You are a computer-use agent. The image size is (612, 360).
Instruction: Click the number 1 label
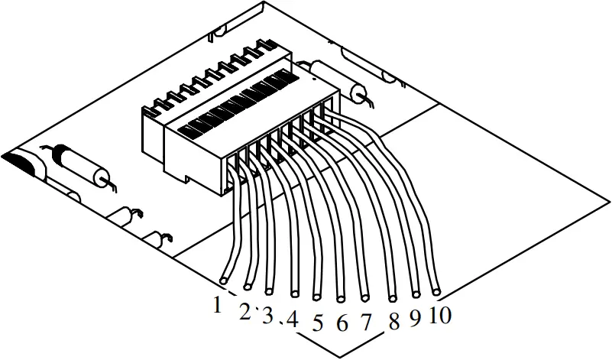[x=218, y=305]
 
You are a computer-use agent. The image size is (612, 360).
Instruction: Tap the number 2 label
[x=244, y=311]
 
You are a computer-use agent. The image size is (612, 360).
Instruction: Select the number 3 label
[x=267, y=315]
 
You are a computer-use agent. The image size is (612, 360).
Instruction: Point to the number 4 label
[x=292, y=318]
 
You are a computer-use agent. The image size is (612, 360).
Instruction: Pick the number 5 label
[x=318, y=323]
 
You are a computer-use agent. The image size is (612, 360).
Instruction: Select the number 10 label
[x=441, y=314]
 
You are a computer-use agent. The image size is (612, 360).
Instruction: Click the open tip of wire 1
[x=223, y=281]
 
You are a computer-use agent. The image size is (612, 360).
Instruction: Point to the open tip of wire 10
[x=436, y=292]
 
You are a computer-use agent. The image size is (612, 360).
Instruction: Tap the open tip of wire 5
[x=317, y=294]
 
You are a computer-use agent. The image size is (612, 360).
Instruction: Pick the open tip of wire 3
[x=269, y=290]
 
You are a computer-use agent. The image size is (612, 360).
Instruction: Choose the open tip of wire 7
[x=364, y=296]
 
